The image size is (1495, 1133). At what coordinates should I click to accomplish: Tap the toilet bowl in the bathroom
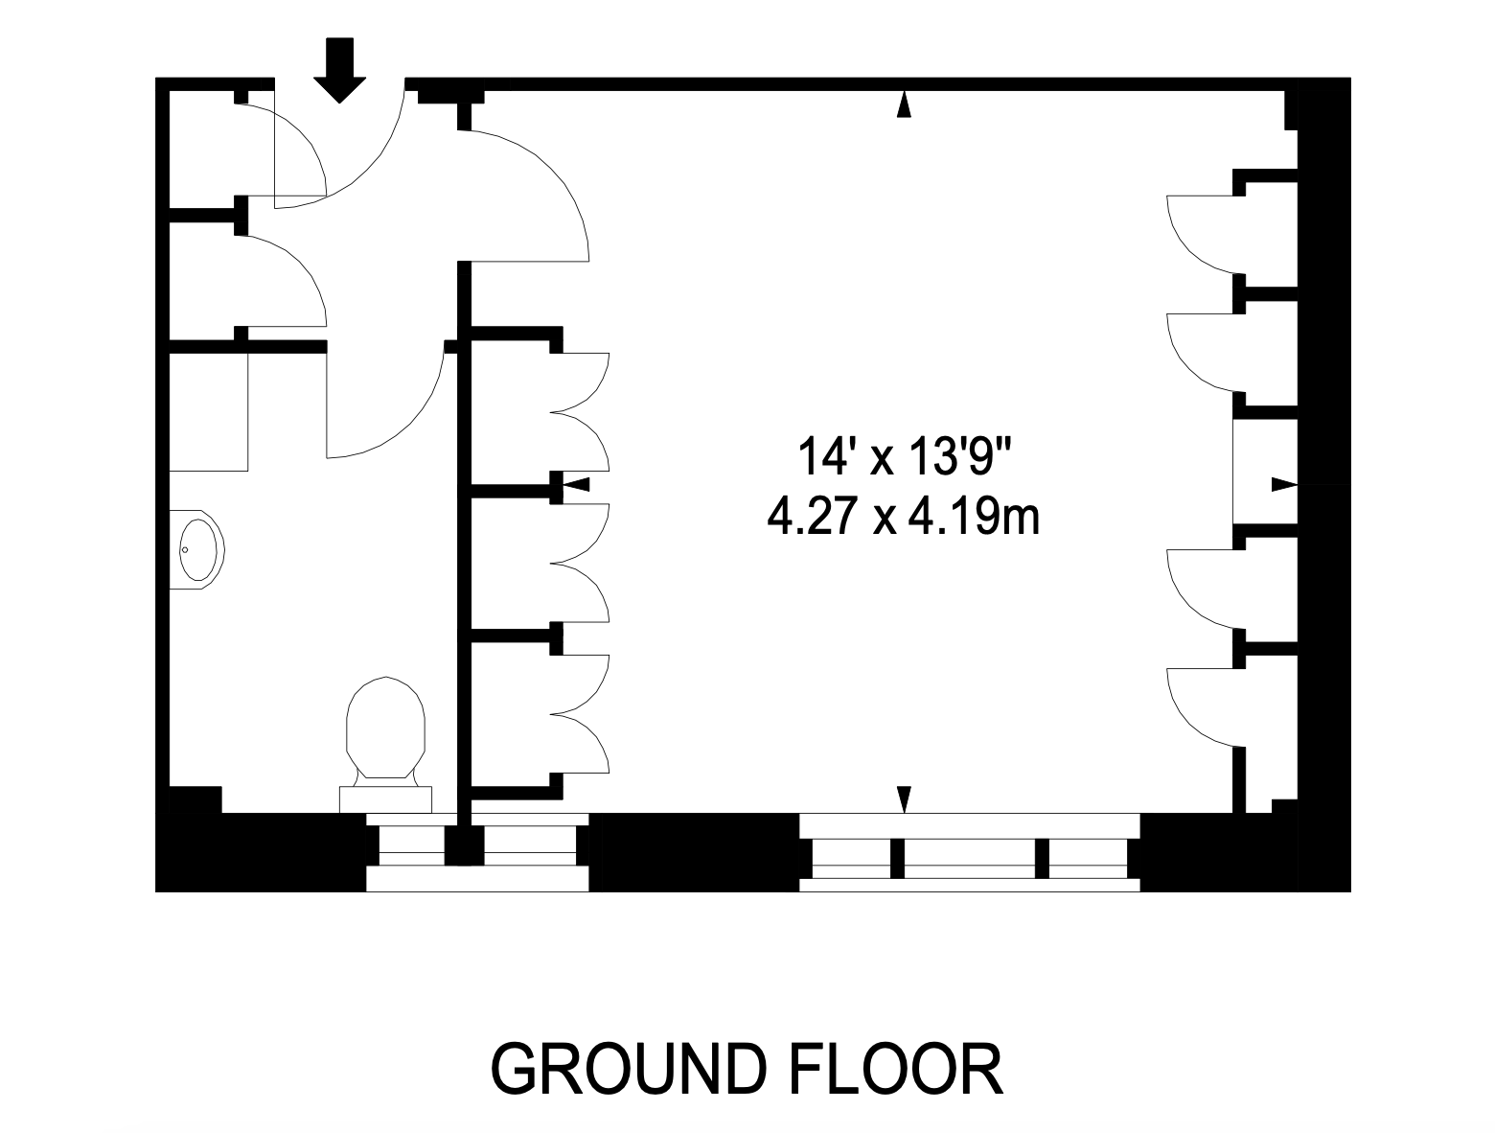[385, 728]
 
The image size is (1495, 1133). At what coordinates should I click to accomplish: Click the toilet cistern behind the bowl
[385, 799]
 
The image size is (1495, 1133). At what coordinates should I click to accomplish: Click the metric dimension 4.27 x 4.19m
[903, 517]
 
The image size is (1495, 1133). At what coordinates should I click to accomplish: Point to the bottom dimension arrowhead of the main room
[904, 799]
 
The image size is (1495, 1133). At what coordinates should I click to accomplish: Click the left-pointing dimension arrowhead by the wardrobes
[577, 484]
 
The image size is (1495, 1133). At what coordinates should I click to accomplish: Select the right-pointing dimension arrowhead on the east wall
[1284, 484]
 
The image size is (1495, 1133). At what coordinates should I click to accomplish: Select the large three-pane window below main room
[969, 852]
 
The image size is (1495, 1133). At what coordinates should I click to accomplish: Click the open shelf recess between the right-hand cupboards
[1265, 472]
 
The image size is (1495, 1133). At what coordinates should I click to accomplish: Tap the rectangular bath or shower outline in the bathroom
[208, 411]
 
